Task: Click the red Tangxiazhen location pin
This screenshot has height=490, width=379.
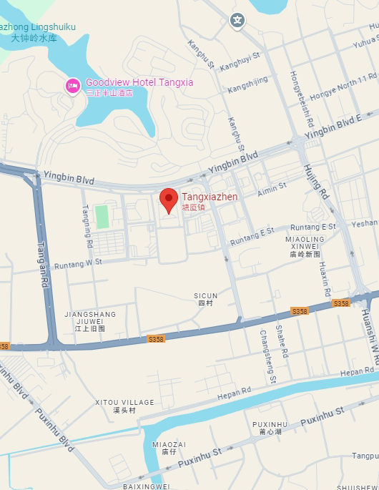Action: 168,200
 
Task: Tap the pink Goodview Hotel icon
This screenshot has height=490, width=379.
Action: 72,86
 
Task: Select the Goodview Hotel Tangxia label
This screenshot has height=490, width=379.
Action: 139,82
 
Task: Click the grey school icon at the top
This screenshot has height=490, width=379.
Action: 237,20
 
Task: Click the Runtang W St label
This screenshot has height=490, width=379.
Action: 79,262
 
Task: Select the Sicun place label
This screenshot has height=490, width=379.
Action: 205,299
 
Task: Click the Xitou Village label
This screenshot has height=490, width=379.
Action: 124,406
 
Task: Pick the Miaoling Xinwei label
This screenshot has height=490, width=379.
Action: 305,242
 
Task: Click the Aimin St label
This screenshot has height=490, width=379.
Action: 272,188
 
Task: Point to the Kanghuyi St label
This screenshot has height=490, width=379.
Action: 240,65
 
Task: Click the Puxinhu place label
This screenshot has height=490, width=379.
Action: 270,428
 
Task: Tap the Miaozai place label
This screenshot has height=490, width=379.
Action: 169,447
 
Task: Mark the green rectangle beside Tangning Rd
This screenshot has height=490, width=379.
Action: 102,216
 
